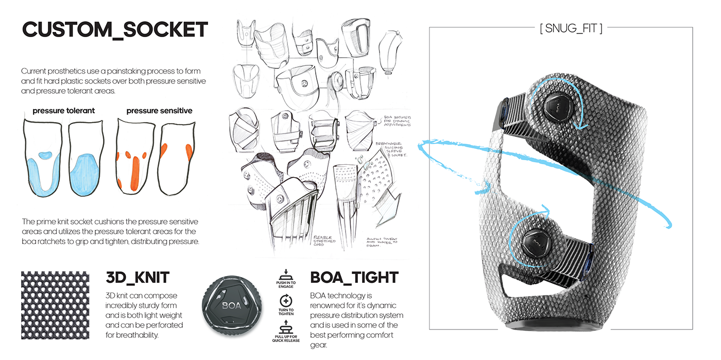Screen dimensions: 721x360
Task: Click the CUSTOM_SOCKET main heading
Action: pos(115,30)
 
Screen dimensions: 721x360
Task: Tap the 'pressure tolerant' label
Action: pos(63,110)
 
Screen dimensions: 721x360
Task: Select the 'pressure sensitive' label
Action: pos(159,110)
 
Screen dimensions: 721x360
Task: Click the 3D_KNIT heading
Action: pos(138,278)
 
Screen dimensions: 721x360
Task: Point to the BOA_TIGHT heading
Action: pos(354,278)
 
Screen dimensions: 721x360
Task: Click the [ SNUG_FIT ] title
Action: pos(571,28)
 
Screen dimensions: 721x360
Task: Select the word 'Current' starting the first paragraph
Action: pos(36,71)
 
